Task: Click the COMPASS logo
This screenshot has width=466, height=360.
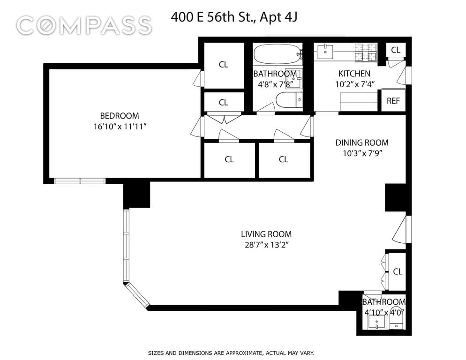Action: (x=84, y=25)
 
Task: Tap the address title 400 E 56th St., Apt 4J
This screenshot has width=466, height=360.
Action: (x=234, y=17)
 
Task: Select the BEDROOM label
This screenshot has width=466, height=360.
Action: (x=120, y=116)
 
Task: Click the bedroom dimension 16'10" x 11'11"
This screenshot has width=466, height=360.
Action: (x=120, y=127)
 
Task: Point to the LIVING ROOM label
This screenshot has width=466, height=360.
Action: (x=266, y=234)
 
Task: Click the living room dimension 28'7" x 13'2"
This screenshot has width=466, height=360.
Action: (x=267, y=245)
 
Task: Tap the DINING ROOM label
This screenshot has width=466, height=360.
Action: (x=361, y=142)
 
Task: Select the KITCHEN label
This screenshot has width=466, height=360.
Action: (x=354, y=74)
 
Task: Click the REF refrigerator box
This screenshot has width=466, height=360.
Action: (x=393, y=100)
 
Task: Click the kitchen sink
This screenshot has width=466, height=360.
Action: (x=326, y=52)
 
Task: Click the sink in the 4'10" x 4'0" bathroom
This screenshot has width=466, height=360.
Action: (x=377, y=322)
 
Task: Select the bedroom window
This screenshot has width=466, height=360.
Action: (x=80, y=181)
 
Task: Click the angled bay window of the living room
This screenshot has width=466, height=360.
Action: (x=138, y=296)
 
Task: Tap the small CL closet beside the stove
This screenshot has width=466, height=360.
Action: (x=396, y=50)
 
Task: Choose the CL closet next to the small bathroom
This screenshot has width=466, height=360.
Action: (x=398, y=271)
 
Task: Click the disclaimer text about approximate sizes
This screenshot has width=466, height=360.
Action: (x=231, y=353)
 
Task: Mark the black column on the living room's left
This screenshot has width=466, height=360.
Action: (x=137, y=195)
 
